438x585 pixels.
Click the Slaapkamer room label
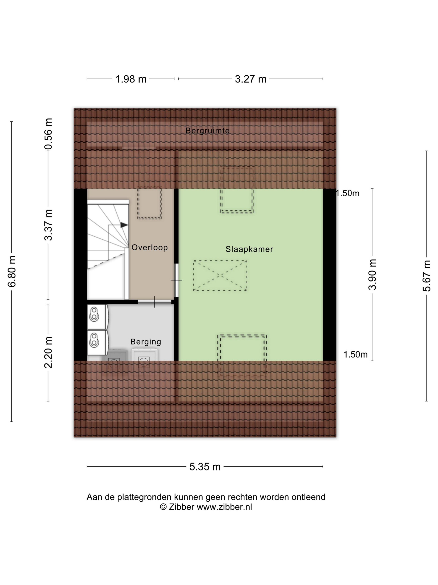coord(249,249)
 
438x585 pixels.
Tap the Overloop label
coord(149,248)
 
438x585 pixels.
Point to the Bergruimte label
coord(208,130)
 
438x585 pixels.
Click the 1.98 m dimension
coord(131,79)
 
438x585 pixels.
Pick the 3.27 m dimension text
coord(250,79)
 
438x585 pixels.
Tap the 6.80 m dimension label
coord(12,272)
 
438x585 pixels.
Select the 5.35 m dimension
coord(205,467)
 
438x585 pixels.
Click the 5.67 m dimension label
coord(426,276)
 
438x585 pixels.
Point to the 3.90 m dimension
coord(372,275)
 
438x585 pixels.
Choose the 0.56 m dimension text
coord(48,134)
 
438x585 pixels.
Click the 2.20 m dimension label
coord(48,352)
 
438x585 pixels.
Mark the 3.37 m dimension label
coord(48,225)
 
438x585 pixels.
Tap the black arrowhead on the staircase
coord(124,225)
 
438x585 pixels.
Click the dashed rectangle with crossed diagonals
coord(220,276)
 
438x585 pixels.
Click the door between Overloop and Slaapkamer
coord(176,280)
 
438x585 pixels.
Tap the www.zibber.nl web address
coord(224,507)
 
